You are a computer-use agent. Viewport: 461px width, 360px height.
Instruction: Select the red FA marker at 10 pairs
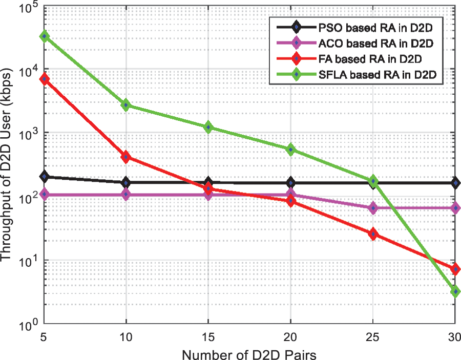[x=127, y=157]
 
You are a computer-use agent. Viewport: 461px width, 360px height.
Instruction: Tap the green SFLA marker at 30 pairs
[x=455, y=291]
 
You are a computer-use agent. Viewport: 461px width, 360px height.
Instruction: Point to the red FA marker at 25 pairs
[x=373, y=234]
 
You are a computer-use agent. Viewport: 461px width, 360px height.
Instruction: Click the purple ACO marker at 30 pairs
[x=455, y=208]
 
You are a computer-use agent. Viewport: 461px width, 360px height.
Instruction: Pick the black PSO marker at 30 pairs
[x=455, y=183]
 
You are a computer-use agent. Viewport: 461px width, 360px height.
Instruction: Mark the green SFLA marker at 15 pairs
[x=208, y=127]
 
